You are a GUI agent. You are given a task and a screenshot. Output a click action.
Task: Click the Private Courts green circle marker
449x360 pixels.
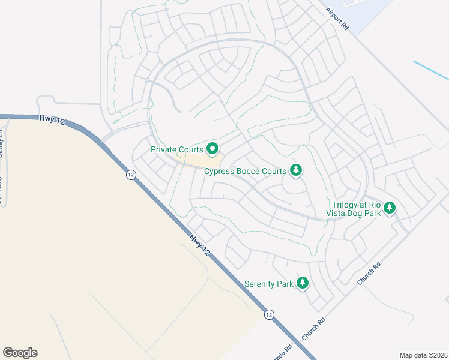[212, 148]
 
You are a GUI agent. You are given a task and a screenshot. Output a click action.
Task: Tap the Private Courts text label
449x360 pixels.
[176, 149]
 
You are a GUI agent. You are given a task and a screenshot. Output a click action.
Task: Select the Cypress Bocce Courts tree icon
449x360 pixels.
[295, 171]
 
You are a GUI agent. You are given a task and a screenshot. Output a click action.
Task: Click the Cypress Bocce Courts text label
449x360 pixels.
[245, 172]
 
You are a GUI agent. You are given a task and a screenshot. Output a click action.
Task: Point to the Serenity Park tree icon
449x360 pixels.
[303, 283]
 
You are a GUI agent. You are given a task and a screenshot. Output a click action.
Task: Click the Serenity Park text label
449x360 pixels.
[269, 283]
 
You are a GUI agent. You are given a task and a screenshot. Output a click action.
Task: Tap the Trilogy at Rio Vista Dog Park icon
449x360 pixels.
[390, 208]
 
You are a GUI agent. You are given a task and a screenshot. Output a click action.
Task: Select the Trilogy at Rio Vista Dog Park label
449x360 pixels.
[354, 208]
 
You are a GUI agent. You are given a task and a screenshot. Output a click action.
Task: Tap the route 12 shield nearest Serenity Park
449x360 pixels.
[269, 314]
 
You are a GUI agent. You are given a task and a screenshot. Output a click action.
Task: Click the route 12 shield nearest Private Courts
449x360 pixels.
[130, 175]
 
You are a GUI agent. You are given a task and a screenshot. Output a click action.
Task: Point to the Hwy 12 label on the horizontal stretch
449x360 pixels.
[52, 120]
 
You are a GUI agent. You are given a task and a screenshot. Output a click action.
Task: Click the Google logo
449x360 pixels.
[20, 352]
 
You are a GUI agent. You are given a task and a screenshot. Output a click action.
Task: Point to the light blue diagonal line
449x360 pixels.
[430, 70]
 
